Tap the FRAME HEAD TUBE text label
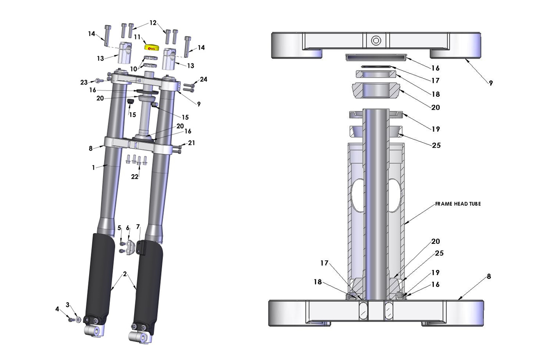[458, 203]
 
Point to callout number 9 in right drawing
[491, 83]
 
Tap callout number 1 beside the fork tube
[93, 167]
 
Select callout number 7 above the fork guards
[138, 226]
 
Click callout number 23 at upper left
[84, 82]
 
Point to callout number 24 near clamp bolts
[203, 80]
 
